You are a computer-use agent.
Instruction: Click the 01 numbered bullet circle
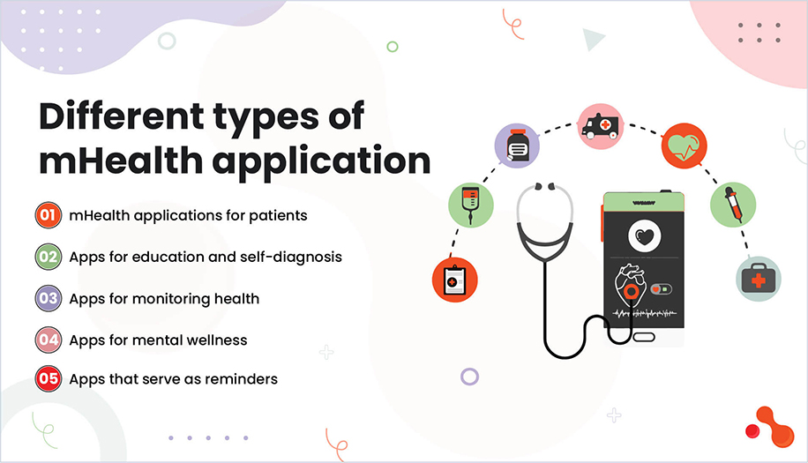click(x=48, y=215)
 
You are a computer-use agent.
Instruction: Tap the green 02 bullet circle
click(x=48, y=257)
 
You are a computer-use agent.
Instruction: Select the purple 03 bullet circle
click(x=48, y=298)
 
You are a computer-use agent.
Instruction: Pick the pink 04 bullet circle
click(x=48, y=340)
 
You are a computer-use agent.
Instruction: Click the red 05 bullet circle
click(x=48, y=379)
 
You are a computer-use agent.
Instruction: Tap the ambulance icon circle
click(x=600, y=127)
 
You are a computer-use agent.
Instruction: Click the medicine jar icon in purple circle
click(x=517, y=146)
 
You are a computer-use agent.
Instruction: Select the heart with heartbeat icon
click(x=684, y=145)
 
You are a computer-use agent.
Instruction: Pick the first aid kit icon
click(x=758, y=279)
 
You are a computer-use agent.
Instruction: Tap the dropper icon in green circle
click(x=733, y=205)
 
